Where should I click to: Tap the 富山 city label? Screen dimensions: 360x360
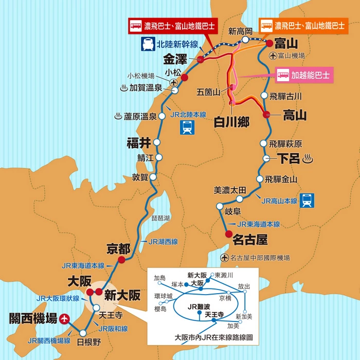click(x=286, y=43)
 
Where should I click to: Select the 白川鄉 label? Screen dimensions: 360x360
click(x=232, y=122)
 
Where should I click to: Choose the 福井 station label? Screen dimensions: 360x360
click(x=138, y=142)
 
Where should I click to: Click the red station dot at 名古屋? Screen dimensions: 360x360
click(x=229, y=234)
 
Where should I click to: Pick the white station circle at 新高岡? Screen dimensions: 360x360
click(x=246, y=39)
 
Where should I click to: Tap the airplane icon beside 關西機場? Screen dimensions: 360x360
click(x=64, y=319)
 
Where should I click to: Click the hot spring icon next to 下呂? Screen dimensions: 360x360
click(x=308, y=158)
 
